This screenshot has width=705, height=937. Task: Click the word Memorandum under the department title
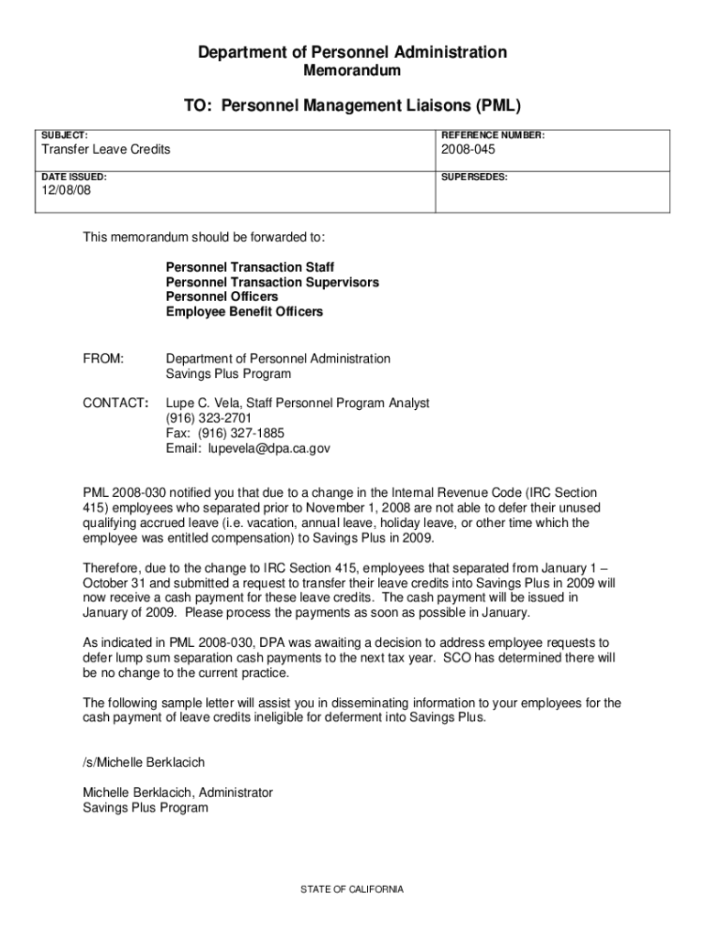tap(352, 70)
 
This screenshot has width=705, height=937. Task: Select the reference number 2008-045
tap(471, 149)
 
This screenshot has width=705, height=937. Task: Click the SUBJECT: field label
tap(63, 135)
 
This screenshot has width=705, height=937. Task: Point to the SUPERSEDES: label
tap(474, 177)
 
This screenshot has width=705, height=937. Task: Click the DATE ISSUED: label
tap(72, 177)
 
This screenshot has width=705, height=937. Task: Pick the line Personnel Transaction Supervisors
tap(272, 283)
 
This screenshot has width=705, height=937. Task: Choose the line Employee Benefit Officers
tap(244, 312)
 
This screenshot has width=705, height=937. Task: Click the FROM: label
tap(103, 359)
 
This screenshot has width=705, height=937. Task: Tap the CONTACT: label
tap(116, 403)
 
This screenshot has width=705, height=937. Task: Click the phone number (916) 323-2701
tap(209, 418)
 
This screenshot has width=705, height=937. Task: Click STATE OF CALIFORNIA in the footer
tap(352, 889)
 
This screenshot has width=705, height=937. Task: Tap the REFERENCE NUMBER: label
tap(493, 135)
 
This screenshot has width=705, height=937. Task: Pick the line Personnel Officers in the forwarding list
tap(222, 297)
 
